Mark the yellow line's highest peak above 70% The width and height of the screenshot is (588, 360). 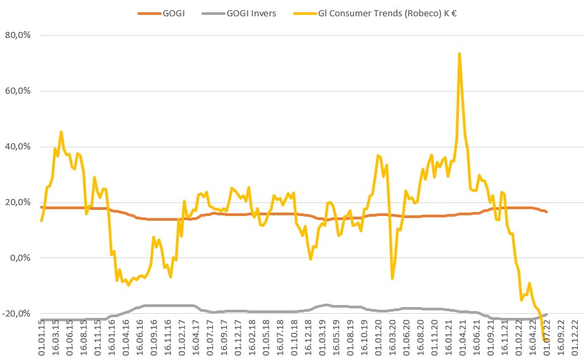[460, 53]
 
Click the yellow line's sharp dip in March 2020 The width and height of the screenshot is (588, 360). [392, 278]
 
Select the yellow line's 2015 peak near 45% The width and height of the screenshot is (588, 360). [61, 132]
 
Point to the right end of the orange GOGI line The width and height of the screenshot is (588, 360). [547, 212]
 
